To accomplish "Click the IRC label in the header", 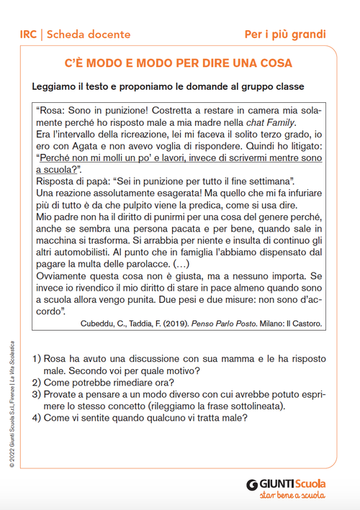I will pos(30,34).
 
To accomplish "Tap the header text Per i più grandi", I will pos(285,34).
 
